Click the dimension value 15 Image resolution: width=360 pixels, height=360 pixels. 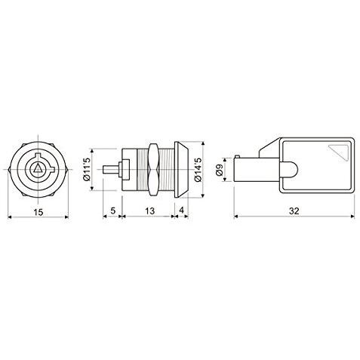(38, 212)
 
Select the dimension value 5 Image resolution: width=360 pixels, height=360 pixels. (112, 211)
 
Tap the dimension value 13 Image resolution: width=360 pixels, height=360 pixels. (150, 211)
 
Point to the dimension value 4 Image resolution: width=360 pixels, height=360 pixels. (181, 211)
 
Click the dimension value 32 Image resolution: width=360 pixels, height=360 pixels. (294, 211)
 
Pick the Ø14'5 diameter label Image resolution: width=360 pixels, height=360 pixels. (198, 169)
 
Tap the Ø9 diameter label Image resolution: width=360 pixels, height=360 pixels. (219, 170)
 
